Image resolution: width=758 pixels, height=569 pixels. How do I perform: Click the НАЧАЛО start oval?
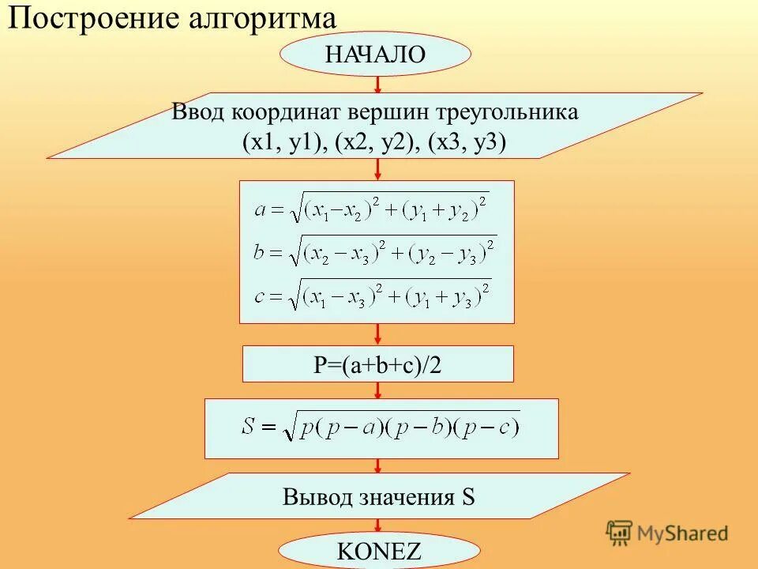click(x=375, y=54)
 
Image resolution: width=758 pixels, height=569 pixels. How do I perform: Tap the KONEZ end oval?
click(x=379, y=551)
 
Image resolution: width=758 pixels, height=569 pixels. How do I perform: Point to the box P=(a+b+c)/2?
click(x=377, y=364)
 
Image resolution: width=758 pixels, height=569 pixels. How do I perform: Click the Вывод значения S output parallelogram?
click(x=379, y=497)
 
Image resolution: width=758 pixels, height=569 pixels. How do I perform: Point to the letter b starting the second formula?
click(x=260, y=253)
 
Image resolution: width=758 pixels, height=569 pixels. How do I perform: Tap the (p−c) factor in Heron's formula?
click(x=497, y=428)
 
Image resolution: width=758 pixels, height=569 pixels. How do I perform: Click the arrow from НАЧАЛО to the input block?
click(x=378, y=84)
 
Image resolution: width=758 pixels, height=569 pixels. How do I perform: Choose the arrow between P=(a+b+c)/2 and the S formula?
click(x=378, y=390)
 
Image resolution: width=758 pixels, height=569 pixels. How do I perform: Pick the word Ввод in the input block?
click(x=198, y=112)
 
